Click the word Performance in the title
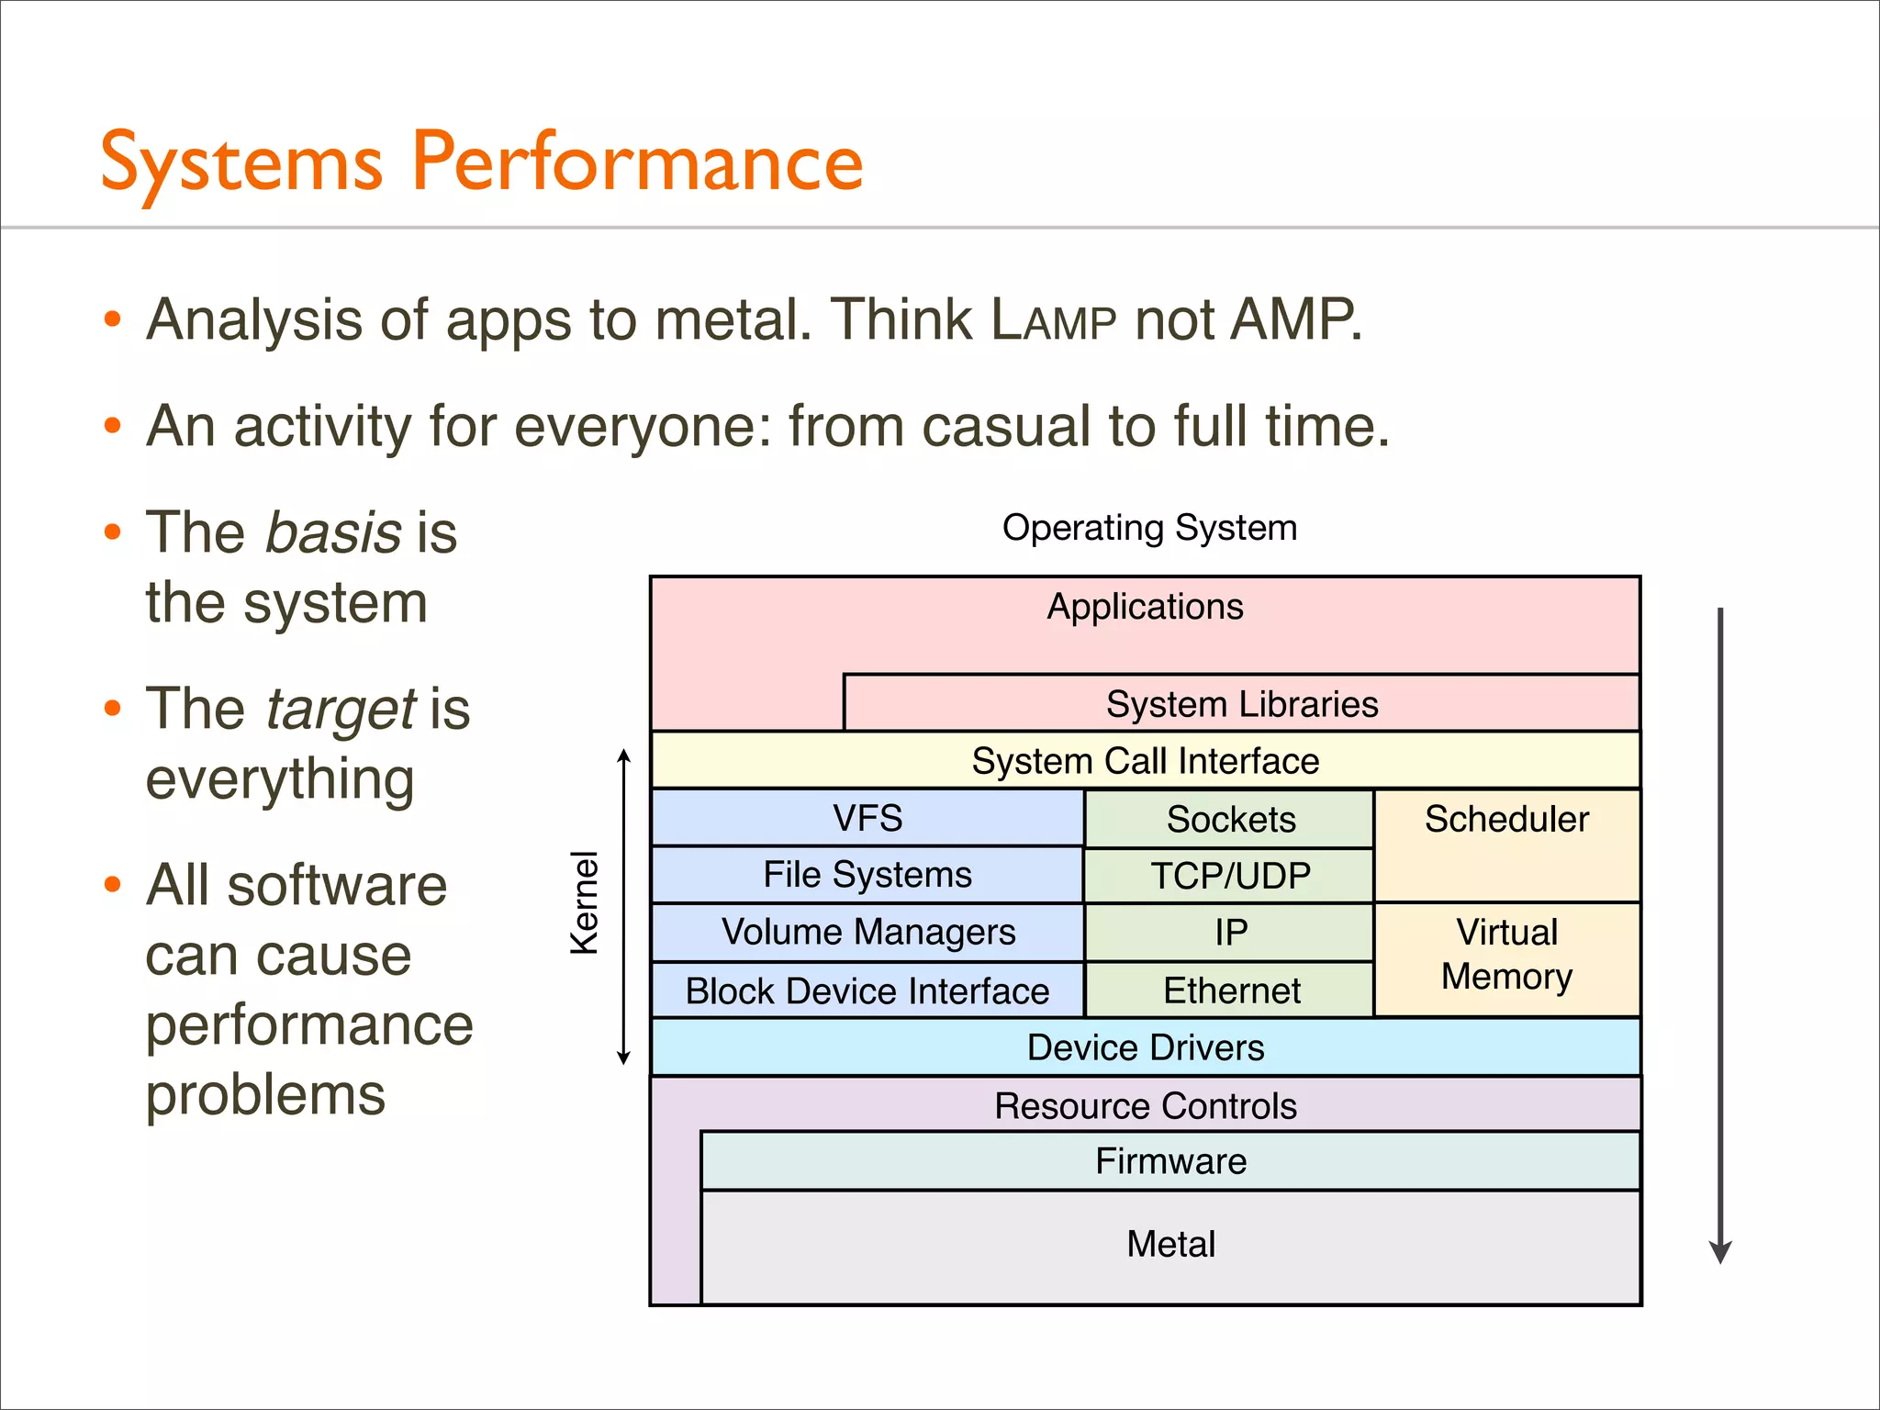[637, 162]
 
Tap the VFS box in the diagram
[867, 818]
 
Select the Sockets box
[1230, 819]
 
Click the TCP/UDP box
[1230, 876]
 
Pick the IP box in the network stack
[1230, 933]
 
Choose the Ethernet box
[1230, 990]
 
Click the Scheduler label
[1506, 819]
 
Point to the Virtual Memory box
[1506, 955]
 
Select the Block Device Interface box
[867, 990]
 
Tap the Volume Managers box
[867, 932]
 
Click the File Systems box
[867, 875]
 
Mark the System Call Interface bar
[1145, 761]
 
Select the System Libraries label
[1241, 704]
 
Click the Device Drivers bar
[1145, 1047]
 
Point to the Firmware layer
[1170, 1161]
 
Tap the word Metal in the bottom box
[1170, 1244]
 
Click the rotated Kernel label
[584, 903]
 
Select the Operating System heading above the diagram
[1149, 528]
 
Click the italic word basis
[333, 532]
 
